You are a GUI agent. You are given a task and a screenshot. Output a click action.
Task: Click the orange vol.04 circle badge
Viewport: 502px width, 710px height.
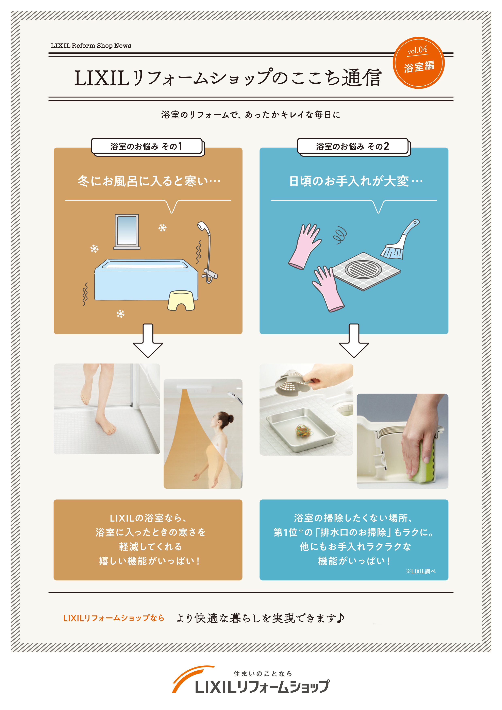(418, 63)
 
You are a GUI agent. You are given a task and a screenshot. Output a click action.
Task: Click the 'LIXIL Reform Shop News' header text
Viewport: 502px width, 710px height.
(91, 46)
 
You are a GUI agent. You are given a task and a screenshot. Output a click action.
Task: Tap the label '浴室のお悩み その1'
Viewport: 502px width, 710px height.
(146, 146)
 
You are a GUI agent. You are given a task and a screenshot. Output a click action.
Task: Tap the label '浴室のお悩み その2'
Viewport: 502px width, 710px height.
(352, 146)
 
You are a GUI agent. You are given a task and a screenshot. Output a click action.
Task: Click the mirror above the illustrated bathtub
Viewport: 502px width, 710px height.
(127, 231)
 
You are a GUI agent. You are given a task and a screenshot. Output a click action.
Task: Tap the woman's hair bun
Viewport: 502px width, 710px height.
(230, 419)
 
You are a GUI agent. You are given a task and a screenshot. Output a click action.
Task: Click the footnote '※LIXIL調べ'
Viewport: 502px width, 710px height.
(420, 571)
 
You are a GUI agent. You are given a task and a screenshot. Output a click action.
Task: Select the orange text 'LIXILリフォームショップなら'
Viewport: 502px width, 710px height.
(114, 618)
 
